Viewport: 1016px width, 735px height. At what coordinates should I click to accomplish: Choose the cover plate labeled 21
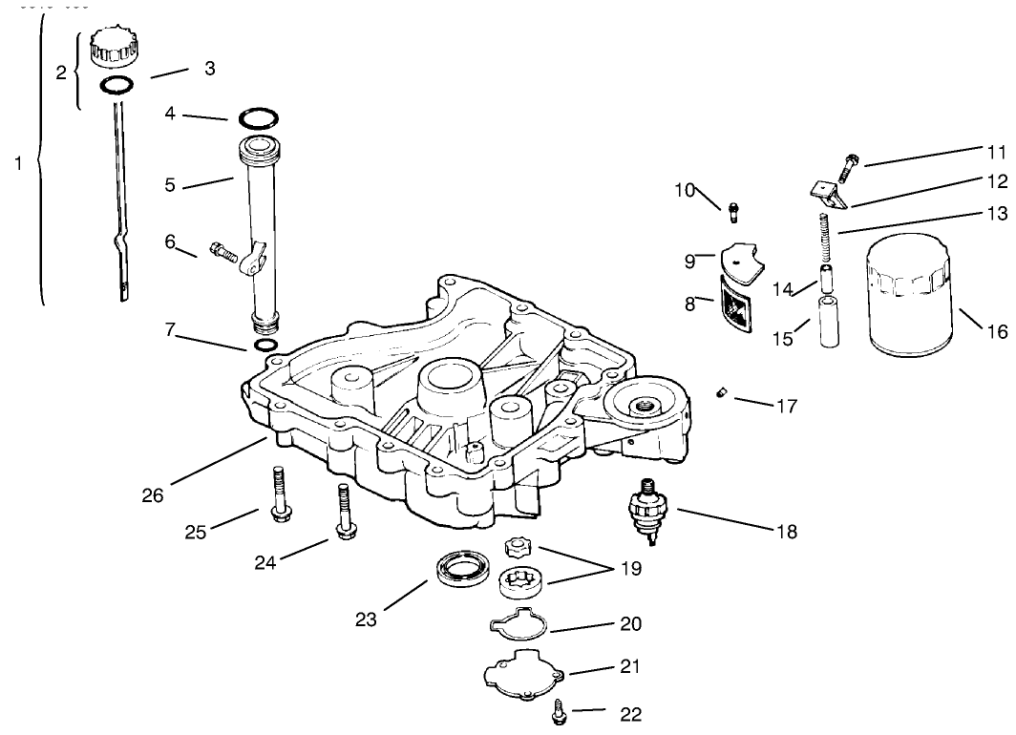522,674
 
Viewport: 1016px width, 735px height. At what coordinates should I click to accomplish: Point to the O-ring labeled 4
259,119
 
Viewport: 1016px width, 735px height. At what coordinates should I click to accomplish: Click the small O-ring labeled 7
266,344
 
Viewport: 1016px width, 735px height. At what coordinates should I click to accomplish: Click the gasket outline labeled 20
517,626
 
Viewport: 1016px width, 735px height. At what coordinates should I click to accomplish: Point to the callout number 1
17,164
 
